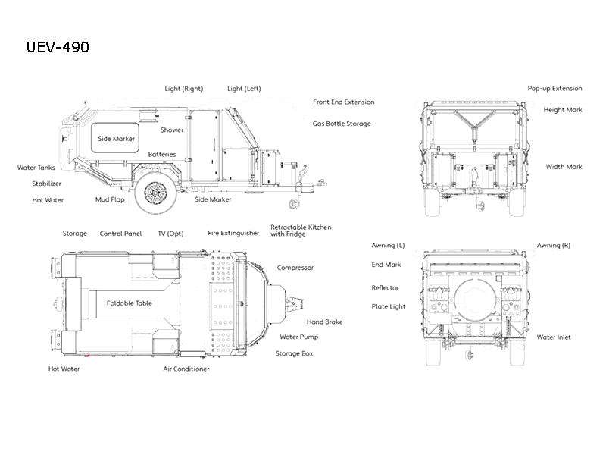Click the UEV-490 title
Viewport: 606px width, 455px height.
pos(58,47)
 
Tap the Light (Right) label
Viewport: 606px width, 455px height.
pos(184,89)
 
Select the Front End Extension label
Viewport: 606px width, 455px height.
pos(344,102)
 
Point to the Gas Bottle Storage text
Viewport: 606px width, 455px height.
pos(342,124)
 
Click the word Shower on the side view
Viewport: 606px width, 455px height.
pos(172,130)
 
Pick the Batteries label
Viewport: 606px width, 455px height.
pos(162,155)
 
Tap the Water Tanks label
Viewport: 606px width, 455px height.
pos(36,168)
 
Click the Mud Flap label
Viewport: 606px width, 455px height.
pos(110,199)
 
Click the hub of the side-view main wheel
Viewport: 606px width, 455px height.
pos(156,192)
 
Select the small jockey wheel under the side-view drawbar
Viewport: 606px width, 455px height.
pos(294,204)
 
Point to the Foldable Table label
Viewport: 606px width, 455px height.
pos(130,303)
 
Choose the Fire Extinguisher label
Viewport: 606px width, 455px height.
pos(233,234)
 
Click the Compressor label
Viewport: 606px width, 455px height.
pos(295,268)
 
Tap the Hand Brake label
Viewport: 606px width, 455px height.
pos(325,322)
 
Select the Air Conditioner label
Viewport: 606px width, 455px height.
pos(186,369)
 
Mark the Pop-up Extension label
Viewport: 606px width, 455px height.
pos(555,89)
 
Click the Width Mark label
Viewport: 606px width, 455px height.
pos(564,167)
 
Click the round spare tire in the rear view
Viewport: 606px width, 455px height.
pos(475,300)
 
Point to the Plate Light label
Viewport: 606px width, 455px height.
pos(389,307)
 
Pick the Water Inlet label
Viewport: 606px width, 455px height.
pos(554,337)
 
